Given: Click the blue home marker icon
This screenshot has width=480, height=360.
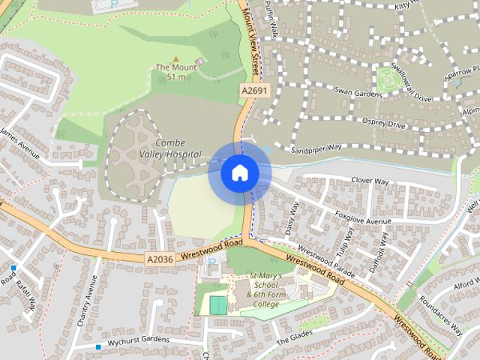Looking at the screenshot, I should pyautogui.click(x=239, y=172).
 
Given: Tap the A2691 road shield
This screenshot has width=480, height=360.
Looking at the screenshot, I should pyautogui.click(x=253, y=90).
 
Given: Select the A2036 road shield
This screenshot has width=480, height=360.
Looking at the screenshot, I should pyautogui.click(x=160, y=259).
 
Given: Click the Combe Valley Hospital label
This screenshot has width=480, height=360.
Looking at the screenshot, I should pyautogui.click(x=178, y=148).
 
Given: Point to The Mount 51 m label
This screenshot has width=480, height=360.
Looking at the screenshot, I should pyautogui.click(x=175, y=71).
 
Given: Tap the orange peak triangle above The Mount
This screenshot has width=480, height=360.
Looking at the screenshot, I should pyautogui.click(x=176, y=58).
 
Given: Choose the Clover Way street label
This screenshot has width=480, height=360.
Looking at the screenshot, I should pyautogui.click(x=370, y=181).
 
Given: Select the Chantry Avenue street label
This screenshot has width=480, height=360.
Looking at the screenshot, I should pyautogui.click(x=88, y=301).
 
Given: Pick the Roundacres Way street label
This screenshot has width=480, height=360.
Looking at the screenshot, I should pyautogui.click(x=440, y=313).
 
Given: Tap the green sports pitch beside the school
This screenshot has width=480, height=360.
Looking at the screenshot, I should pyautogui.click(x=217, y=305).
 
